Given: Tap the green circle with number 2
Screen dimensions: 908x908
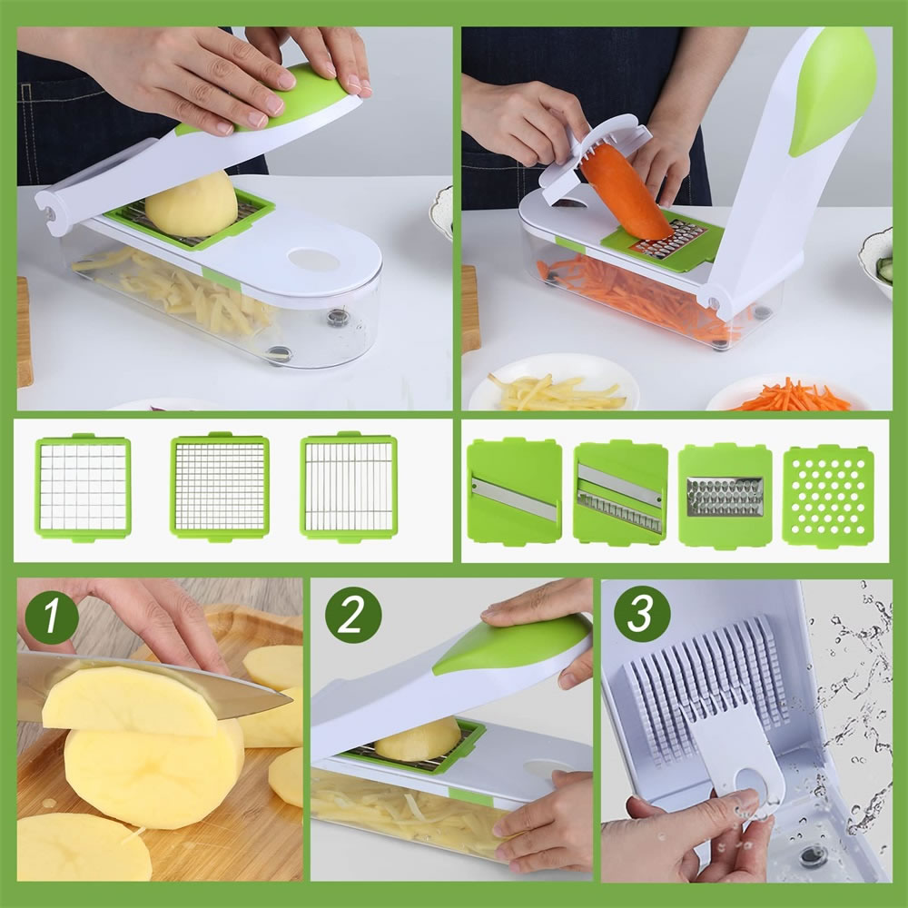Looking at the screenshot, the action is tap(353, 615).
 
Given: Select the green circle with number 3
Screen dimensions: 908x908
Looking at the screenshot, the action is tap(642, 614).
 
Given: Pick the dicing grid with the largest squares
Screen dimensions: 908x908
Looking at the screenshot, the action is tap(84, 488).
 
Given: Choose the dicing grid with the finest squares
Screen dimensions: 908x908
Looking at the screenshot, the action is tap(220, 487).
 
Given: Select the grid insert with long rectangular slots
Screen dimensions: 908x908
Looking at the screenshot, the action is tap(349, 487).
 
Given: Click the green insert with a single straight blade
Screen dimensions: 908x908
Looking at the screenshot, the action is tap(514, 492).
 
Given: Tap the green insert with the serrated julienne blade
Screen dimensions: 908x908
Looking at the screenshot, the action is tap(620, 493).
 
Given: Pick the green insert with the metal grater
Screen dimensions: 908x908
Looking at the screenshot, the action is tap(725, 496).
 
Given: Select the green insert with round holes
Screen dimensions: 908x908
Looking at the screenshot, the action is tap(828, 496).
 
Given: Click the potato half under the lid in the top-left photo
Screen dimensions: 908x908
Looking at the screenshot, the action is tap(191, 203).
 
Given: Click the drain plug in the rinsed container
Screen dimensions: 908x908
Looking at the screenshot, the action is tap(814, 855).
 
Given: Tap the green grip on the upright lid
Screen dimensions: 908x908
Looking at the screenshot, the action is tap(833, 93).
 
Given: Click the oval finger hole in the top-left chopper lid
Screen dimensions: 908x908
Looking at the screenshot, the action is tap(313, 260).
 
